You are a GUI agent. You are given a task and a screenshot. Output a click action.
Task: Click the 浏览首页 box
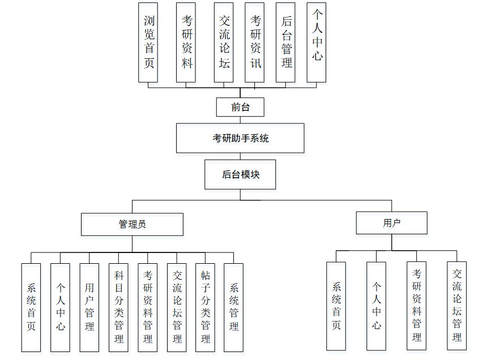148,42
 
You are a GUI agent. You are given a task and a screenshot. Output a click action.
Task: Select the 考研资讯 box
255,42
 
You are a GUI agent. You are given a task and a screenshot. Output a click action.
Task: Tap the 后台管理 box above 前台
286,42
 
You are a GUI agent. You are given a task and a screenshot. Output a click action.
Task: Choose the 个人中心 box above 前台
317,42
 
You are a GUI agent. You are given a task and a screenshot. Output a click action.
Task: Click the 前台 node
240,107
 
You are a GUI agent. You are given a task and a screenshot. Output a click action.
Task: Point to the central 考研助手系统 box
240,138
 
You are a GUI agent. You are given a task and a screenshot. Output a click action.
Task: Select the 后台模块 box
240,174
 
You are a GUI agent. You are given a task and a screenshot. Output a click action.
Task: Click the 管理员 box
132,224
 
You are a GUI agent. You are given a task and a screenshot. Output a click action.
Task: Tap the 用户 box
391,222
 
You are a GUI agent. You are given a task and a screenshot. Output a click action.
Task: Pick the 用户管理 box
89,307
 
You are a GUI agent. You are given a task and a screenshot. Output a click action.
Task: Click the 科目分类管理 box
118,307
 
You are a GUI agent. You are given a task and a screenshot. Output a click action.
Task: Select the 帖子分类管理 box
205,307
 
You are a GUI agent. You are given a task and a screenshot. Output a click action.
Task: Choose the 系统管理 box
233,307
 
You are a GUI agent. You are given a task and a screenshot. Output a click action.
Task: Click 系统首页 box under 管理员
31,307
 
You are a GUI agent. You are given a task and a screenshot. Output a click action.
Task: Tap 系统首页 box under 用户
336,306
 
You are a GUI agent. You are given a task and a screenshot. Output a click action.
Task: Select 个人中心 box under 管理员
60,307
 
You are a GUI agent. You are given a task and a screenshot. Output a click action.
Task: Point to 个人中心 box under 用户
376,306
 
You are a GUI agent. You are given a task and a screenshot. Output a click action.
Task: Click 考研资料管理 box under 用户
416,305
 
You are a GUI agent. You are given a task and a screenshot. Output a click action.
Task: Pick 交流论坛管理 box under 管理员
177,307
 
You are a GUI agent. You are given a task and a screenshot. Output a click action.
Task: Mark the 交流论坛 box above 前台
224,42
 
